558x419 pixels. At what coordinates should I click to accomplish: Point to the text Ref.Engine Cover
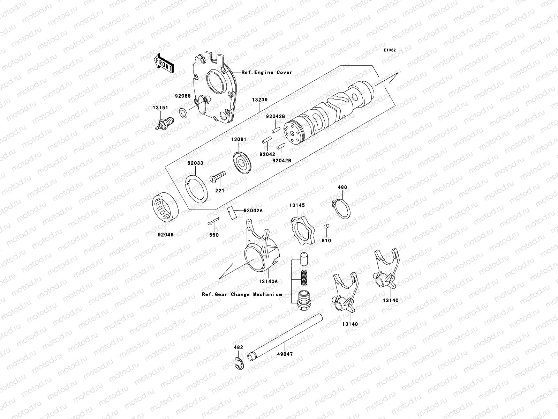(267, 73)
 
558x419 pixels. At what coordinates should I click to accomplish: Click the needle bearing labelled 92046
(167, 209)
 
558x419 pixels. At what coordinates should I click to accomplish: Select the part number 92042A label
(253, 211)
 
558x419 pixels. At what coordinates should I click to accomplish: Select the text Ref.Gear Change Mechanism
(242, 294)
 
